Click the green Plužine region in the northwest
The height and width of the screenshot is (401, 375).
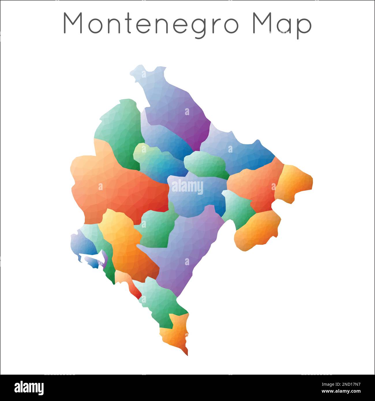point(118,124)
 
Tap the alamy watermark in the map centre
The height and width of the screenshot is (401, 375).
point(187,188)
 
